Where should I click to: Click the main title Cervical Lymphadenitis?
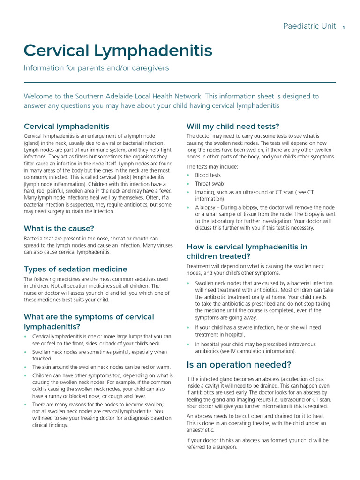point(118,51)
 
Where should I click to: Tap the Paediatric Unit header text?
point(309,26)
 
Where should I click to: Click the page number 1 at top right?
point(344,27)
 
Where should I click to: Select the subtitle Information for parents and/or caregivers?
point(96,68)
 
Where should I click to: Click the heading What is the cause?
point(59,229)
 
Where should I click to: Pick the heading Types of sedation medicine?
point(75,269)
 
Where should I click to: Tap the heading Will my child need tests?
point(232,126)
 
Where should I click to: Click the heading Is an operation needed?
point(239,365)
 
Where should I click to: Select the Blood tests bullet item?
point(208,175)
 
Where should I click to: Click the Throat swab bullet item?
point(210,184)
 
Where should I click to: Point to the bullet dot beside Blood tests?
point(188,175)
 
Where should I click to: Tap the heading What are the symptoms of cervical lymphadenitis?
point(89,322)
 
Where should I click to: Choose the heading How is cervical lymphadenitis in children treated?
point(247,251)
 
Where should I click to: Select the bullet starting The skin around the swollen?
point(101,367)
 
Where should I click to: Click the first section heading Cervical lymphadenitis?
point(67,127)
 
